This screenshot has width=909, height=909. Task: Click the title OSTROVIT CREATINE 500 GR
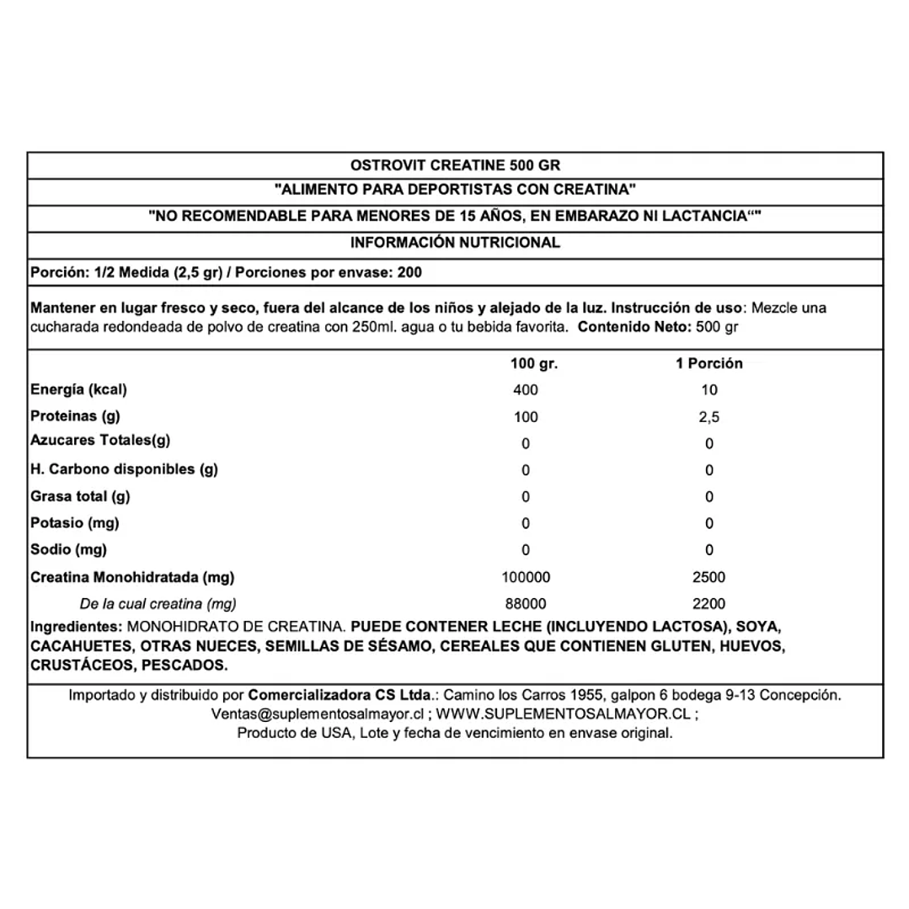[x=455, y=165]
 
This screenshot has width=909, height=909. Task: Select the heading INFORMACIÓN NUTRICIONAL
[x=455, y=243]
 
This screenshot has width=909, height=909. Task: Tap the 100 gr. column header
[x=534, y=364]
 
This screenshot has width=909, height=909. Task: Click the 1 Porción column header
[x=709, y=364]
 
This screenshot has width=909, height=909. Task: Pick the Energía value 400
[x=525, y=390]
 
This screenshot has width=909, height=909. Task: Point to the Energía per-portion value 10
[x=709, y=390]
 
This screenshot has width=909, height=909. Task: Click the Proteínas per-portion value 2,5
[x=709, y=418]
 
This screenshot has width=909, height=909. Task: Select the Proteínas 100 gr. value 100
[x=525, y=418]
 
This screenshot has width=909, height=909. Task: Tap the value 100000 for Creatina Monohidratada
[x=525, y=578]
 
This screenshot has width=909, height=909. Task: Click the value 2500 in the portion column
[x=709, y=578]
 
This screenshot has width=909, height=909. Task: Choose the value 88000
[x=525, y=604]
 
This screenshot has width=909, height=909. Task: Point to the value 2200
[x=709, y=604]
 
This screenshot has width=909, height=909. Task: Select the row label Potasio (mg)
[x=75, y=523]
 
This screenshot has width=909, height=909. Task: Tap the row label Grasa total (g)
[x=80, y=497]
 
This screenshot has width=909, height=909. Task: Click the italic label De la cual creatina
[x=158, y=604]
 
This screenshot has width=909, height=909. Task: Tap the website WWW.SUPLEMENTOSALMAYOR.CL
[x=564, y=714]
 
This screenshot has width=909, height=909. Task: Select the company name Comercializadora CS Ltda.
[x=340, y=696]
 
